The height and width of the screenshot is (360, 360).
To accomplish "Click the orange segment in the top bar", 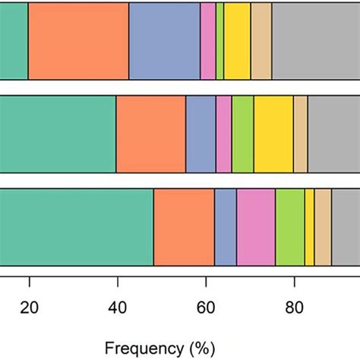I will (78, 40).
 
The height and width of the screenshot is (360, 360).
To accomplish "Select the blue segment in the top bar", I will (164, 40).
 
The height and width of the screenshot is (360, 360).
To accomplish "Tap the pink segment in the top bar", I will (208, 40).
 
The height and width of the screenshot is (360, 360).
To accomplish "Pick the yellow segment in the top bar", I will (237, 40).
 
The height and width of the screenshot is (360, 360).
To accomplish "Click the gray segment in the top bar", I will (315, 40).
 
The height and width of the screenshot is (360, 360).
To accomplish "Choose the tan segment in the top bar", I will (261, 40).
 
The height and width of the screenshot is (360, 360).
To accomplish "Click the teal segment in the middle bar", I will (58, 134).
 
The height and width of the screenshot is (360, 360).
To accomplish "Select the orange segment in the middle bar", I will (151, 134).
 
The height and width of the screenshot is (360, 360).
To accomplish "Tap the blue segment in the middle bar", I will (201, 134).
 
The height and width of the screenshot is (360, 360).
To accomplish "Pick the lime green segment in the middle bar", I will (242, 134).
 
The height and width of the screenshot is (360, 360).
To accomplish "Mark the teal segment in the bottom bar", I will (76, 228).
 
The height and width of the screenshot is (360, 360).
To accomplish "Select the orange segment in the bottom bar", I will (184, 228).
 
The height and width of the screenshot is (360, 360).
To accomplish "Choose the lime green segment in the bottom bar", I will (289, 228).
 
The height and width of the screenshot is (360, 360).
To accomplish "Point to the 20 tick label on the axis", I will (30, 308).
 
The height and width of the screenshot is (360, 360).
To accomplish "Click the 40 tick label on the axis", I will (117, 308).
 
